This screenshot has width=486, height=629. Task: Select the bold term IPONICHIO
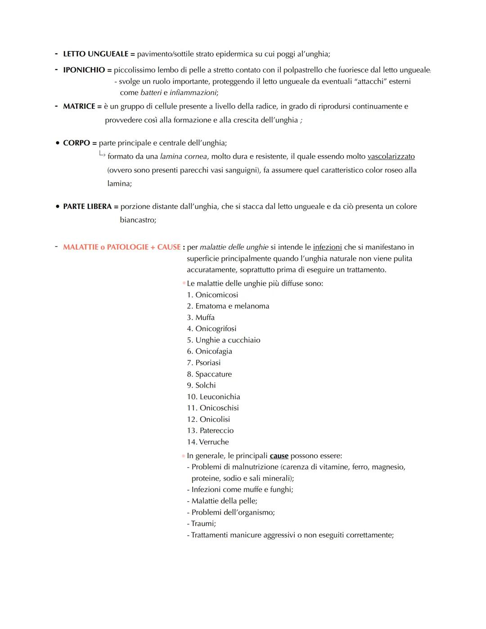[x=84, y=70]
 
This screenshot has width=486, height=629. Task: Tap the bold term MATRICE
[x=79, y=106]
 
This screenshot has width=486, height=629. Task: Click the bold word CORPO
[x=76, y=143]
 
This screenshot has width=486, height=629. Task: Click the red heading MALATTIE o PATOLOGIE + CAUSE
[x=121, y=247]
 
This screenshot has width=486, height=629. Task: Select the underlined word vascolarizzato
[x=391, y=156]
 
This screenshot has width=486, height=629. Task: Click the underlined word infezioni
[x=327, y=247]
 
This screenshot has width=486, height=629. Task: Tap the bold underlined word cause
[x=279, y=456]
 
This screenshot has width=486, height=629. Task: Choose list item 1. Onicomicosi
[x=212, y=295]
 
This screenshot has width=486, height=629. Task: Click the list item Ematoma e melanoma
[x=228, y=306]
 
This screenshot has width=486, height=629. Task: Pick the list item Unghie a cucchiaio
[x=224, y=340]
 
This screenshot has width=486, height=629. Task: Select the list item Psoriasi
[x=204, y=363]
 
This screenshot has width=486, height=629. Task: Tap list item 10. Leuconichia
[x=214, y=397]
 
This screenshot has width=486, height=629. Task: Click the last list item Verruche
[x=208, y=442]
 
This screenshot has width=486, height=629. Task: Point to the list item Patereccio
[x=211, y=431]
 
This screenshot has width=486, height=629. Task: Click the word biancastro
[x=138, y=220]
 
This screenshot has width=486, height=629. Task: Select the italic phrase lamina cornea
[x=184, y=156]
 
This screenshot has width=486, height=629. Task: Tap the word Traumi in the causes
[x=203, y=524]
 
